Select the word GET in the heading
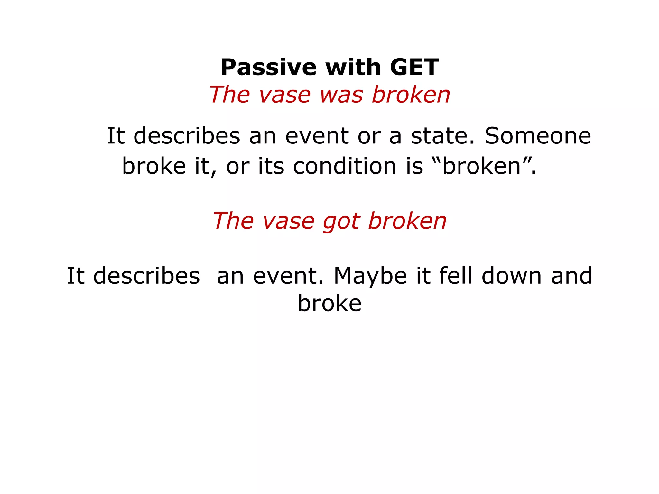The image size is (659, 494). [414, 68]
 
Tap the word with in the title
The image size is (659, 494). [353, 68]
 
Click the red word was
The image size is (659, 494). [341, 95]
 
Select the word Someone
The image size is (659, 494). [538, 136]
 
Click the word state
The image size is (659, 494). [442, 136]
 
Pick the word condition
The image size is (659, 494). [344, 166]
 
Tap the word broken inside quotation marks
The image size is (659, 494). [481, 166]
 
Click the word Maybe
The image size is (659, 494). [370, 276]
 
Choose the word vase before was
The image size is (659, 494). [285, 95]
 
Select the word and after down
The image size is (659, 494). [571, 276]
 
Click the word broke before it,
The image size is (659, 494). [154, 166]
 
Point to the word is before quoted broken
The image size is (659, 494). [414, 166]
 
